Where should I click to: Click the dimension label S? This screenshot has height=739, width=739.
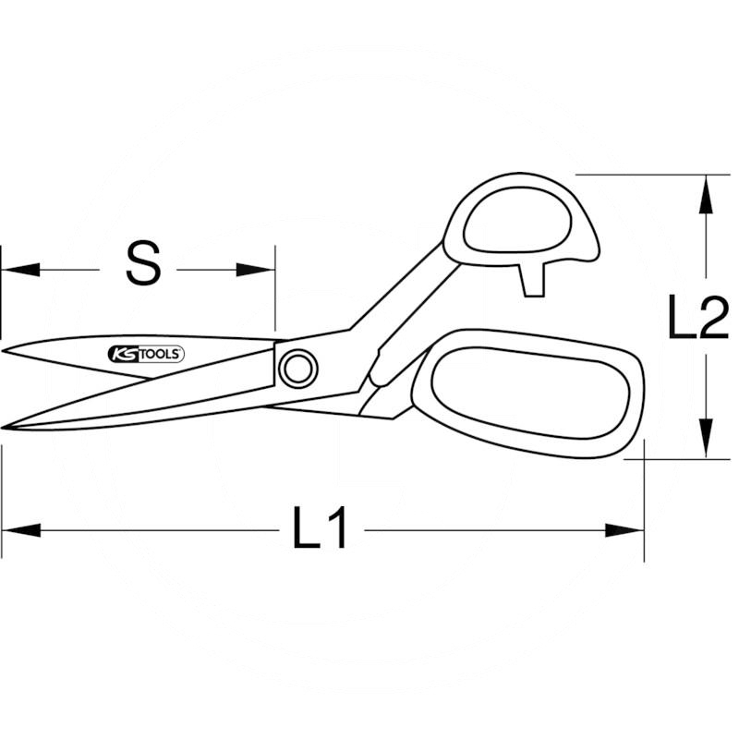coord(143,263)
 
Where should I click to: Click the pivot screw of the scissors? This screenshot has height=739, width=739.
coord(297,369)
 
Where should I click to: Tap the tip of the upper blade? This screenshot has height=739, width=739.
coord(6,351)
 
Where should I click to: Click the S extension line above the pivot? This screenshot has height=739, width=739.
coord(275,296)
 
